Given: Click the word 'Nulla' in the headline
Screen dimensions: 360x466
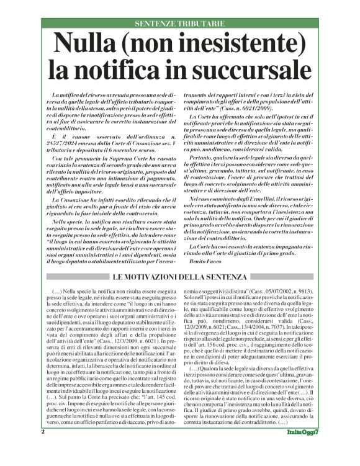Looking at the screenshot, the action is click(x=87, y=43).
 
